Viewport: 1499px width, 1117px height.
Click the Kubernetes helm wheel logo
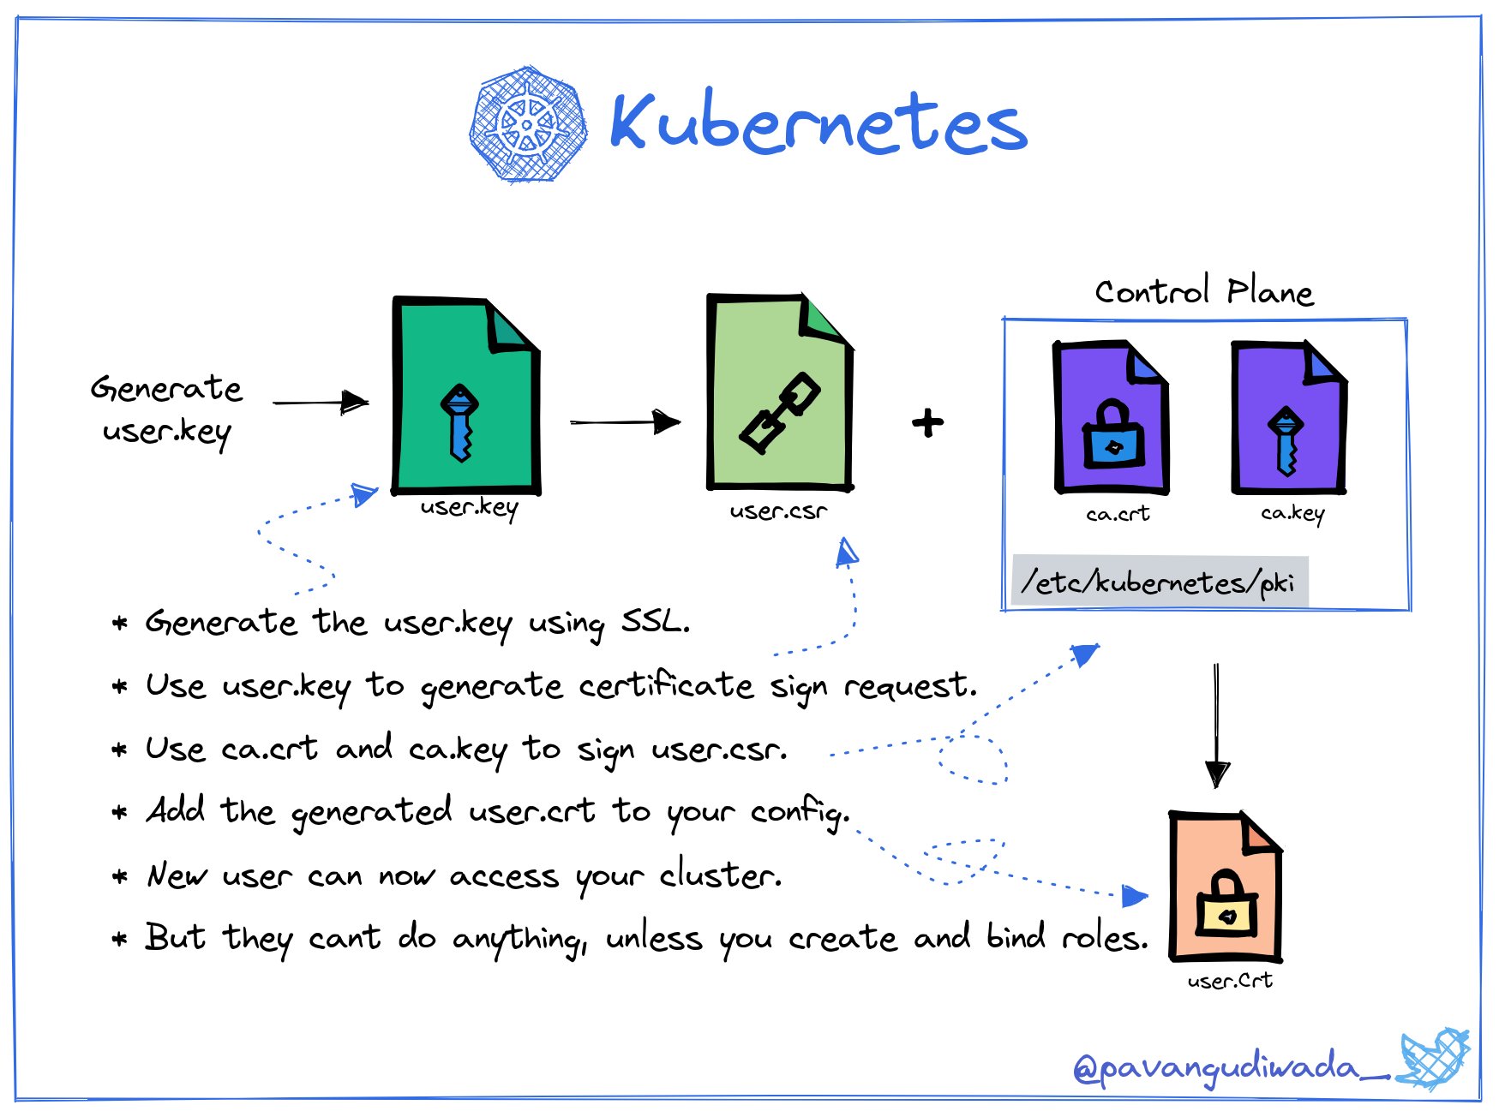click(x=528, y=124)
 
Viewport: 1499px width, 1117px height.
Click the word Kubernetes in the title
click(x=818, y=123)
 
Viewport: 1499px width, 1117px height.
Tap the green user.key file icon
click(x=465, y=396)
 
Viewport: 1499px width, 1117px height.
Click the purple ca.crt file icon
click(x=1110, y=417)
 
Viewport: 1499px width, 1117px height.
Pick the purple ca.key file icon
click(x=1288, y=417)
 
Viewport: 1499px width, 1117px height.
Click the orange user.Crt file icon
click(x=1225, y=887)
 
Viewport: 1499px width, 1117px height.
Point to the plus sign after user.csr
click(x=927, y=422)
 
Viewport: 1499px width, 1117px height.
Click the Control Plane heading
click(x=1203, y=292)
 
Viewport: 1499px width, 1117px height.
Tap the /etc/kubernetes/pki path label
click(x=1158, y=582)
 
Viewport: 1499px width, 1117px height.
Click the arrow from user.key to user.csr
click(x=625, y=421)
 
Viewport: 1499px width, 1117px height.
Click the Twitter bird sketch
click(x=1433, y=1059)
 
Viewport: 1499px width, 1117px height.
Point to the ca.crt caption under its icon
click(x=1117, y=514)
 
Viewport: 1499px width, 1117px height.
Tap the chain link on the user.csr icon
click(x=779, y=413)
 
